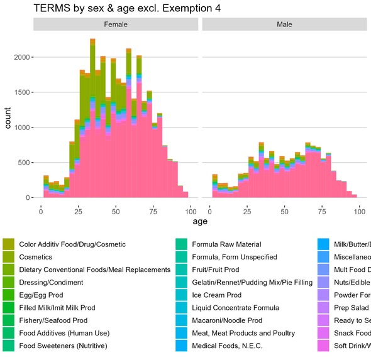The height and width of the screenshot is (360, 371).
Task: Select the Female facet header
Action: tap(116, 25)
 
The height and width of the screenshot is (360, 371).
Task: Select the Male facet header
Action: tap(284, 25)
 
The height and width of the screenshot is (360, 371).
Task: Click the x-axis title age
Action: tap(200, 221)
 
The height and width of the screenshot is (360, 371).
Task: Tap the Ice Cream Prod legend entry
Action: tap(217, 295)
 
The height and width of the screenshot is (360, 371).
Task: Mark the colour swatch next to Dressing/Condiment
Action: tap(9, 282)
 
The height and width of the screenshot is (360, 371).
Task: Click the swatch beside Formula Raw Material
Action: tap(182, 244)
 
